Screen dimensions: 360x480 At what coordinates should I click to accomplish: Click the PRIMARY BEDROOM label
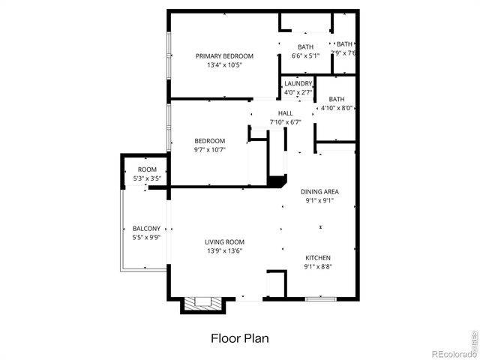(x=224, y=56)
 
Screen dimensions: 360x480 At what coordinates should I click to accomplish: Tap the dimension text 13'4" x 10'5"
(x=224, y=65)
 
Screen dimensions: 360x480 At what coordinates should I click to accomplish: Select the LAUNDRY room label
(x=298, y=83)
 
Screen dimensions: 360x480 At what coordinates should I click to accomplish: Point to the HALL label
(x=285, y=112)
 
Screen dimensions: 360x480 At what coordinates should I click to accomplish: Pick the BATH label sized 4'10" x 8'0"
(x=337, y=99)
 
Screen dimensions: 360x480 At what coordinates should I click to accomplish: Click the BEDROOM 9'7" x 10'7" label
(x=209, y=141)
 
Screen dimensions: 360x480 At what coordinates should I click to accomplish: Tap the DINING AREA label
(x=320, y=191)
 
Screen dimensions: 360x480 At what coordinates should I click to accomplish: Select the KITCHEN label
(x=317, y=257)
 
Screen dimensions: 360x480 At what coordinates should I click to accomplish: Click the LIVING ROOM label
(x=225, y=241)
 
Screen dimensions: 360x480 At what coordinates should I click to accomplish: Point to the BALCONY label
(x=146, y=228)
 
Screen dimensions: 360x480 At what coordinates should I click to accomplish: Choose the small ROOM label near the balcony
(x=147, y=170)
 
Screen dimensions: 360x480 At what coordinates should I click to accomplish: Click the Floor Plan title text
(x=239, y=338)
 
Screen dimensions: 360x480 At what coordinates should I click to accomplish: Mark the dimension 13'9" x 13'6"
(x=225, y=250)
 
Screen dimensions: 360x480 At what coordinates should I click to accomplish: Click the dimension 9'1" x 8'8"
(x=318, y=266)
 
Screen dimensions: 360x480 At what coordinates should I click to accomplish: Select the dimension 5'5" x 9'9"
(x=147, y=237)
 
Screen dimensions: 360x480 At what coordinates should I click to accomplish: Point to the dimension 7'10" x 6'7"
(x=285, y=121)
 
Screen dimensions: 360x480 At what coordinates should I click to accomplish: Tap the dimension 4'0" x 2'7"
(x=298, y=92)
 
